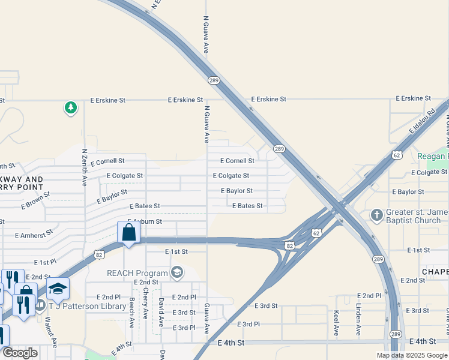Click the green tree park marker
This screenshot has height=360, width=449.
point(71,108)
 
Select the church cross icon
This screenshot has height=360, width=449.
point(376,214)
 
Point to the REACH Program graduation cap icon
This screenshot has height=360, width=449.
point(176,273)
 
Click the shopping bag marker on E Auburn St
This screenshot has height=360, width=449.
point(129,232)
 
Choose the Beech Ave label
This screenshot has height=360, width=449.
point(131,312)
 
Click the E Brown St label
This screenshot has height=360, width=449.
point(35,200)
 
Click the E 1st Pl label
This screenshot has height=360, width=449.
point(45,263)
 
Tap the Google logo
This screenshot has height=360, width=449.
point(20,353)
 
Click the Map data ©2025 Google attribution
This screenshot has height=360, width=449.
point(412,355)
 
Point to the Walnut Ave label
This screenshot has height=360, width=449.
point(50,332)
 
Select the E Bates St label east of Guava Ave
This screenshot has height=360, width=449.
point(247,206)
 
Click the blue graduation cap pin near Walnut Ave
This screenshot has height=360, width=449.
point(58,289)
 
